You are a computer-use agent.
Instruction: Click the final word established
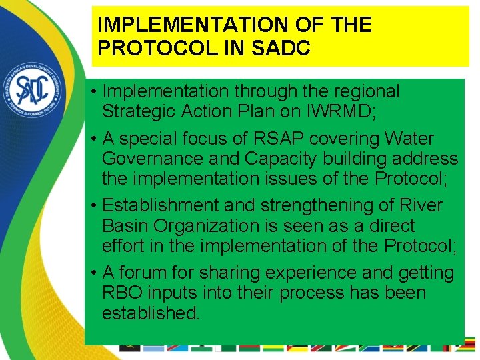click(x=151, y=313)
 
